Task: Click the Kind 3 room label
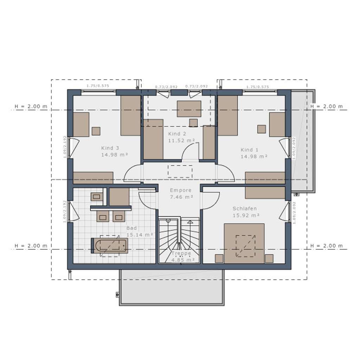tap(110, 148)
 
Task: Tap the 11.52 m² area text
tap(181, 140)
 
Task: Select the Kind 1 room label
tap(249, 150)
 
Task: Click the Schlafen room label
tap(245, 208)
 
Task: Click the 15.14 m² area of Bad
tap(140, 234)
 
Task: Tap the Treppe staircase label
tap(181, 253)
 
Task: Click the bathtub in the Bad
tap(109, 245)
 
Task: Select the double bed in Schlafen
tap(244, 243)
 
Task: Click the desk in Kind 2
tap(189, 109)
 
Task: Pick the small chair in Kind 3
tap(96, 131)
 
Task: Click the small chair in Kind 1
tap(261, 129)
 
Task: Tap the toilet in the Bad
tap(96, 197)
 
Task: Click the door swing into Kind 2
tap(190, 151)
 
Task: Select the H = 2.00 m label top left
tap(31, 107)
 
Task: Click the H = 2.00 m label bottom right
tap(326, 246)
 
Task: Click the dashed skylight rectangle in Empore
tap(180, 171)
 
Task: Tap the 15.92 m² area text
tap(246, 215)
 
